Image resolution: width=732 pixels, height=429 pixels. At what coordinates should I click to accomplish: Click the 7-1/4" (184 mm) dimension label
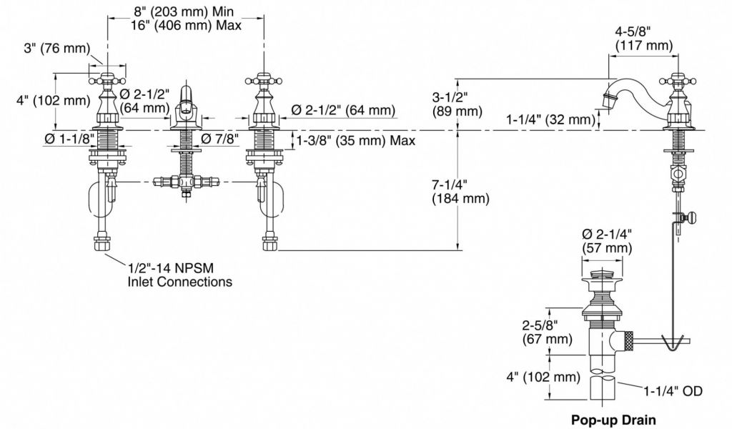460,192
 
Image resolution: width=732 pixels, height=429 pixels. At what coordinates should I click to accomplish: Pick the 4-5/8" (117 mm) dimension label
643,39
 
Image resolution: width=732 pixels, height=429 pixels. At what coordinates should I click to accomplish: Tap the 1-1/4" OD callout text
671,391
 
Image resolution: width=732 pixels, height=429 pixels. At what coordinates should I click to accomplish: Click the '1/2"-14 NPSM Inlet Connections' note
179,275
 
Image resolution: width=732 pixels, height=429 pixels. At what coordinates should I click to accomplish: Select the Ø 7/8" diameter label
219,139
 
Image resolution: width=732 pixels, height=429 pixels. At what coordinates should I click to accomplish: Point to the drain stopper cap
602,275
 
